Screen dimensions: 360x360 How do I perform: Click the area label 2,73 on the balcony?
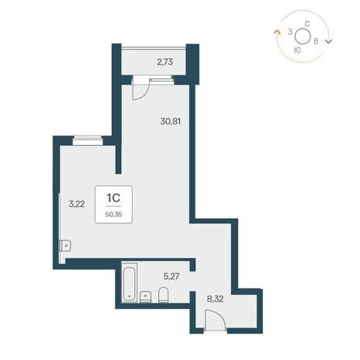(x=165, y=62)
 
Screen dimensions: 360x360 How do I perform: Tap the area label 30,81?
(x=171, y=121)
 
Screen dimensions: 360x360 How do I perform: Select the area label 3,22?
(x=77, y=204)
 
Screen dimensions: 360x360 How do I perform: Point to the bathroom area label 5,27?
(x=171, y=276)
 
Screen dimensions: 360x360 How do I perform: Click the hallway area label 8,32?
(x=215, y=299)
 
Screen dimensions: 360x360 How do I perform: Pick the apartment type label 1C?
(x=113, y=198)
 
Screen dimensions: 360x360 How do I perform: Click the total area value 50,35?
(x=113, y=214)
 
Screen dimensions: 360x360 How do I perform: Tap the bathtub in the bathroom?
(x=130, y=282)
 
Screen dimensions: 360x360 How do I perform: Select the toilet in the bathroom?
(x=163, y=295)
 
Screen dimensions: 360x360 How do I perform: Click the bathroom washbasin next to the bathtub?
(x=146, y=297)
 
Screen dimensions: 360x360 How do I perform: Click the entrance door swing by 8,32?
(x=216, y=320)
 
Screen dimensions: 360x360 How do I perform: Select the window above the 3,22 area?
(x=88, y=140)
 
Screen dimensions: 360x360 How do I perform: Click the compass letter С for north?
(x=307, y=24)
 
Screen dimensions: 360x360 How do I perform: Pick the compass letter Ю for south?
(x=297, y=50)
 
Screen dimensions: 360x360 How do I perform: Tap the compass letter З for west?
(x=290, y=32)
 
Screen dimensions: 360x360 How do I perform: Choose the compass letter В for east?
(x=316, y=41)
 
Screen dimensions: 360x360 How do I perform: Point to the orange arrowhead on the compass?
(x=277, y=32)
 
